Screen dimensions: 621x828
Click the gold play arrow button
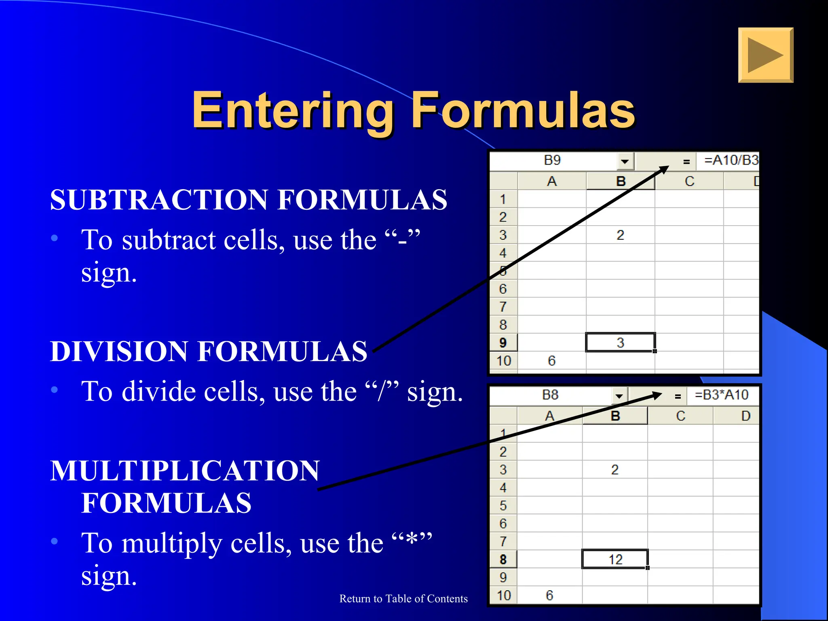pyautogui.click(x=765, y=55)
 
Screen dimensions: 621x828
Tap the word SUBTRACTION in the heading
pyautogui.click(x=160, y=200)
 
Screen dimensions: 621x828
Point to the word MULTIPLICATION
pyautogui.click(x=185, y=471)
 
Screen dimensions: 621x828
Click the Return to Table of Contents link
pyautogui.click(x=403, y=598)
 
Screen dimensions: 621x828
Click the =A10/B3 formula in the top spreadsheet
pyautogui.click(x=731, y=160)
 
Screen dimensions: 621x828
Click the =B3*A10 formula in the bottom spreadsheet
pyautogui.click(x=721, y=395)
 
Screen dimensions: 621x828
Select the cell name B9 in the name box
pyautogui.click(x=552, y=160)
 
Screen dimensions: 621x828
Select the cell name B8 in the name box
pyautogui.click(x=550, y=395)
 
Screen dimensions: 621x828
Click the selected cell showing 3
pyautogui.click(x=620, y=342)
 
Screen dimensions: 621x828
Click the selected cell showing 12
pyautogui.click(x=615, y=559)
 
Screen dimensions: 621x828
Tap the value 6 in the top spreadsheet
pyautogui.click(x=551, y=360)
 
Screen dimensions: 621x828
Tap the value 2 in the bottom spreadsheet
pyautogui.click(x=615, y=469)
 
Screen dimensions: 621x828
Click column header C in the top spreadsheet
pyautogui.click(x=689, y=181)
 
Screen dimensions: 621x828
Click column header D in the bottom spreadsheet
pyautogui.click(x=745, y=416)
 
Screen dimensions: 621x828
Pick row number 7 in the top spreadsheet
pyautogui.click(x=503, y=307)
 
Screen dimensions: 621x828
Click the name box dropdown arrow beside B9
pyautogui.click(x=625, y=161)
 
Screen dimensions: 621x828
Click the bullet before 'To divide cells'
pyautogui.click(x=55, y=390)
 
